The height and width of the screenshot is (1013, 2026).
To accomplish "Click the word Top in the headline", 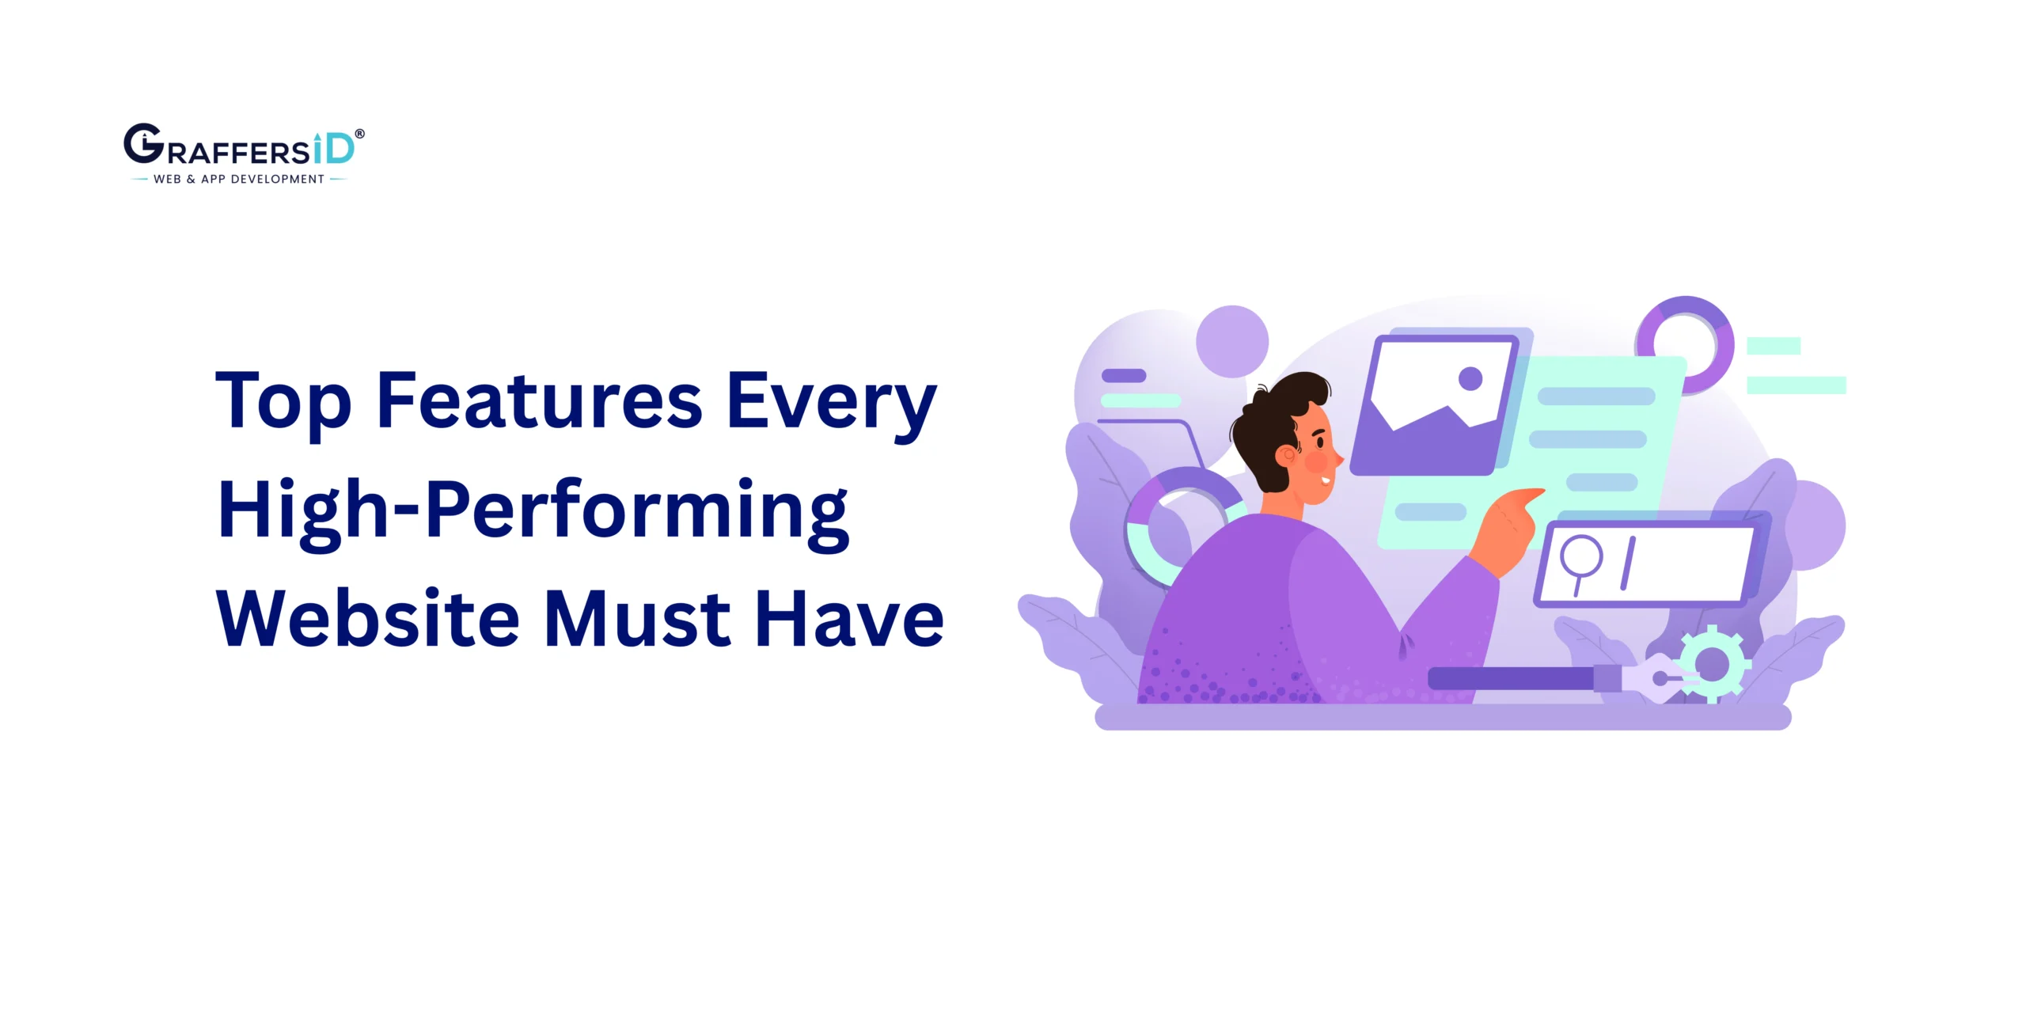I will pos(283,402).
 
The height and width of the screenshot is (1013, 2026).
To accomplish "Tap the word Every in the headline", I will pos(831,402).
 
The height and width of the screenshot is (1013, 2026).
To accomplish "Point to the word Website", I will pos(367,619).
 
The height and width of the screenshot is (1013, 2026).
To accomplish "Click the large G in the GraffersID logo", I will pos(143,144).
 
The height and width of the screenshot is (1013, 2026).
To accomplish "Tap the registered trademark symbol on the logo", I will pos(360,134).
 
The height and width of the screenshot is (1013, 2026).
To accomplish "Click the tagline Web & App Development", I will pos(239,180).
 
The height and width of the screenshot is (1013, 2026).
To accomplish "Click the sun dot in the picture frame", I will pos(1470,378).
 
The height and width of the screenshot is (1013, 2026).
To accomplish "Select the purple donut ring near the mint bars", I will pos(1685,345).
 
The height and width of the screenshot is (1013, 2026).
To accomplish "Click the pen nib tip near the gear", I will pos(1660,678).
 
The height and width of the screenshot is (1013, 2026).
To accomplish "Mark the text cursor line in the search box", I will pos(1628,563).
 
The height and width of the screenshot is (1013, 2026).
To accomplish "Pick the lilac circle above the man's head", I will pos(1231,341).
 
